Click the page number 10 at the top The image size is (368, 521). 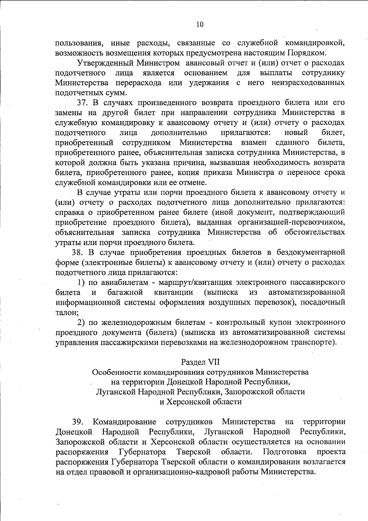[200, 25]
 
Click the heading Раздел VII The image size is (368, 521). [200, 362]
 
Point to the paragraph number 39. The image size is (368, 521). [78, 422]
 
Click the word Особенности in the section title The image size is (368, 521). [117, 372]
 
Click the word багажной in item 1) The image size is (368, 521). [125, 292]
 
